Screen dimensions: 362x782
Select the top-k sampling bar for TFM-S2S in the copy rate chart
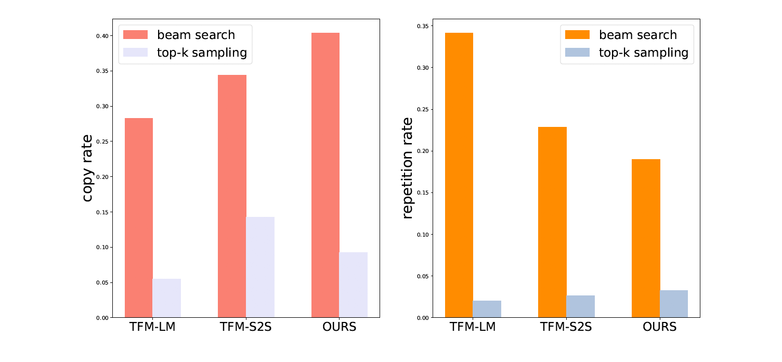coord(260,267)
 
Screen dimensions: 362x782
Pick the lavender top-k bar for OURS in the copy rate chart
coord(353,285)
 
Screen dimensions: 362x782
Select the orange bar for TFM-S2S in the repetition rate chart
coord(552,222)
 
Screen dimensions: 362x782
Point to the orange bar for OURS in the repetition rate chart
coord(646,238)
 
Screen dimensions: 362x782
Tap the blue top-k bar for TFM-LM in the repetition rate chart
coord(487,309)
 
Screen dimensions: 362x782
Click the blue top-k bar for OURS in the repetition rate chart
coord(674,304)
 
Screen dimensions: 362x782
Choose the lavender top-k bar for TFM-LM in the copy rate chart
coord(166,298)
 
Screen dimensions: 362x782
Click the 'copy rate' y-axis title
coord(89,168)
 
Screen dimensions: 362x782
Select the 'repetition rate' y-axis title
coord(408,168)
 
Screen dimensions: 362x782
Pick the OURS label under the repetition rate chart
coord(659,327)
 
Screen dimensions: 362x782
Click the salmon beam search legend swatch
coord(135,35)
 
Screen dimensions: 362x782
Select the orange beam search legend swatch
coord(577,35)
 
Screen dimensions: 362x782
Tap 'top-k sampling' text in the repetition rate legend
coord(643,53)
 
